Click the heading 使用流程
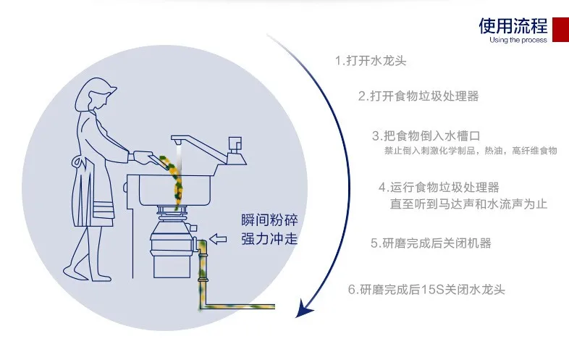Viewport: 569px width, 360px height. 513,27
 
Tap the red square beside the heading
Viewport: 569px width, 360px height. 560,28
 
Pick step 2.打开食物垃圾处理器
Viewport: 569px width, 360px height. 418,96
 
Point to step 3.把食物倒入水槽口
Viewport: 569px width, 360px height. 426,135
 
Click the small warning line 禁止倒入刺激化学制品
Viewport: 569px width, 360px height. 470,151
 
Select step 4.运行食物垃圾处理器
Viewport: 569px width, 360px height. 439,188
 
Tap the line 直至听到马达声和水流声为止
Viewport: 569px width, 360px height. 468,205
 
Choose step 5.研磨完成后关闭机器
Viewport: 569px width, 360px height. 431,243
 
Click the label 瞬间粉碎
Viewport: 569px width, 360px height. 269,220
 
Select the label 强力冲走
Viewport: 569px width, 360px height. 269,239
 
